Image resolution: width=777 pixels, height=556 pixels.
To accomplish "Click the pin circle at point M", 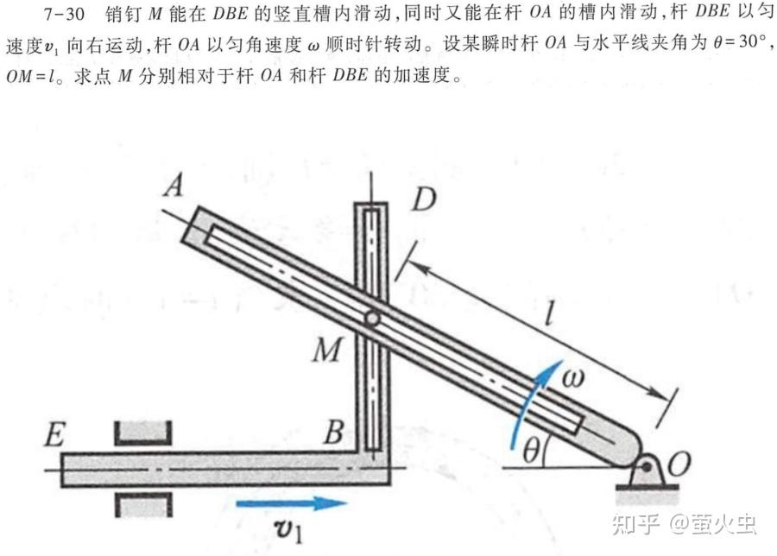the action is (373, 319).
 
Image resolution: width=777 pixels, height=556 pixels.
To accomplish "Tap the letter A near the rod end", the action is (174, 186).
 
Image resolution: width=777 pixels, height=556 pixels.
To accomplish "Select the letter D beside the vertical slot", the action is (424, 199).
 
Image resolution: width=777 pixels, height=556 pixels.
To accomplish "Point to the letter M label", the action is (327, 350).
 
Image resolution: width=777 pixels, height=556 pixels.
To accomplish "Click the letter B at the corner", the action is (334, 432).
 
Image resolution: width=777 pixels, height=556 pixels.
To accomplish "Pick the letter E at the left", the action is (54, 434).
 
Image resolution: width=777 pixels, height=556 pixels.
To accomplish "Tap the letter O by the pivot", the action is (679, 464).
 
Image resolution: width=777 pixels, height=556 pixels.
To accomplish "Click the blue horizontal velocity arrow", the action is (292, 503).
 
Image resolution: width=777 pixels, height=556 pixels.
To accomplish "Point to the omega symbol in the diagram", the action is (573, 377).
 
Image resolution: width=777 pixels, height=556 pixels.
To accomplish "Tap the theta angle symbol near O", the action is (531, 451).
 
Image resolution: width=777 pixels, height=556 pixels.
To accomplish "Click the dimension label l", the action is (548, 313).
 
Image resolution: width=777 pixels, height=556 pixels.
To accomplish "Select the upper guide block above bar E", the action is (143, 433).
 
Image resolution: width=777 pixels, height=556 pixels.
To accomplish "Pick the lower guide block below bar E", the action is (143, 504).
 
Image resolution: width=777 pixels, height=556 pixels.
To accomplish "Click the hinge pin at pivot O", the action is (647, 467).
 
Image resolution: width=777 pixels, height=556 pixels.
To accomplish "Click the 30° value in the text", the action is (752, 41).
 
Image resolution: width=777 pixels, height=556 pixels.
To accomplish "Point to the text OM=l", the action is (31, 77).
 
